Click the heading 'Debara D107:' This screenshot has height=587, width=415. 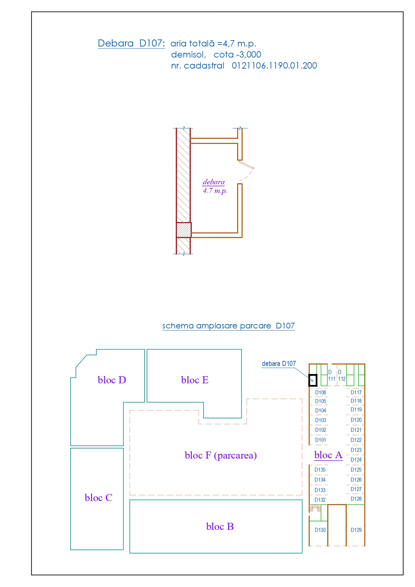point(131,43)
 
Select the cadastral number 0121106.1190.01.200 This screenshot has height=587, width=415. point(274,66)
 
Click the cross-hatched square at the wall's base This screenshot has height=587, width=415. point(184,230)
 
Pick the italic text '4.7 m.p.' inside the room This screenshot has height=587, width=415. point(215,191)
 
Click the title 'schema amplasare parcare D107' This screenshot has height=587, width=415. point(229,326)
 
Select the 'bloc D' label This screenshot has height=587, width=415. point(112,380)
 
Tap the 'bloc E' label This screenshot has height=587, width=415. point(195,380)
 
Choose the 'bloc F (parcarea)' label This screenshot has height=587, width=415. point(221,456)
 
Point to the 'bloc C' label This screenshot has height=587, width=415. point(98,498)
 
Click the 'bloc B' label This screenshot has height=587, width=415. point(220,526)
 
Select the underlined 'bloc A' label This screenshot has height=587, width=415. point(328,455)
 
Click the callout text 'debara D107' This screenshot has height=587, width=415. point(279,364)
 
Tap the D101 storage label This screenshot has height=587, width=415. point(321,440)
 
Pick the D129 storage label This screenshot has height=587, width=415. point(356,530)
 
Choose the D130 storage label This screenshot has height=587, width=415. point(320,530)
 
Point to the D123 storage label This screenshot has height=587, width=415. point(356,450)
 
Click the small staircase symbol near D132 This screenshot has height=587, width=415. point(315,508)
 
